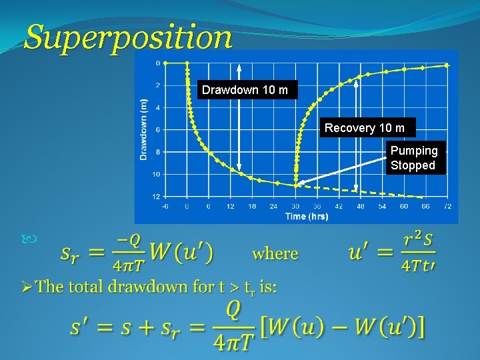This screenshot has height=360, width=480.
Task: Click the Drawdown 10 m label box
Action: point(245,90)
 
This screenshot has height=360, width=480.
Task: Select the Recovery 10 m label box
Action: point(365,128)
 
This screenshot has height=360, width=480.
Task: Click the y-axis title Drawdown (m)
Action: point(144,129)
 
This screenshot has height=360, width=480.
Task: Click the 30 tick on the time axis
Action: point(295,207)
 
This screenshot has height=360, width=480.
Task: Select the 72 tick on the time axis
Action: point(447,207)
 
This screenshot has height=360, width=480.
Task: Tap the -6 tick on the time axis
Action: point(165,207)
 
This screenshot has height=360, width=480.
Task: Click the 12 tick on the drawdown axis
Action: point(156,197)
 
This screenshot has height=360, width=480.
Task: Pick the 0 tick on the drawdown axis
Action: point(157,63)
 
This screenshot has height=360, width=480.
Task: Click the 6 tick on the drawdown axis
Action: point(157,129)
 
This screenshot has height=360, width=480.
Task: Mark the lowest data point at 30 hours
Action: point(296,185)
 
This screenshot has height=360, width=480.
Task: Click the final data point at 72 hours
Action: point(447,65)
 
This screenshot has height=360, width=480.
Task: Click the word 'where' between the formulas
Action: point(275,253)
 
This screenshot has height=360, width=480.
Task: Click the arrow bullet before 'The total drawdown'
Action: point(26,287)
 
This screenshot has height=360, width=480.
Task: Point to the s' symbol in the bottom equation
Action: point(80,327)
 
